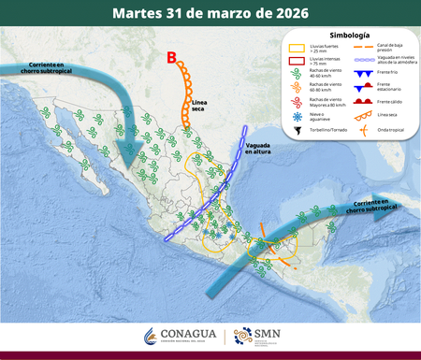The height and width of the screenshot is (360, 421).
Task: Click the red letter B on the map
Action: click(x=171, y=59)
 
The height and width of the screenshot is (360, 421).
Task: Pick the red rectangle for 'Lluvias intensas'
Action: click(x=295, y=60)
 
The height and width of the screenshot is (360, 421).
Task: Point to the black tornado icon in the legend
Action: click(x=295, y=130)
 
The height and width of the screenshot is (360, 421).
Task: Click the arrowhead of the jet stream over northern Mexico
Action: click(x=131, y=150)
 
